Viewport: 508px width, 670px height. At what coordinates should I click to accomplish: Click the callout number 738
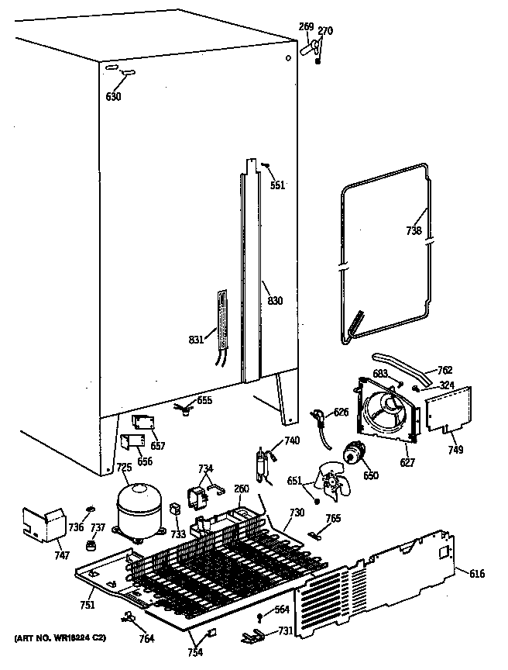pos(414,230)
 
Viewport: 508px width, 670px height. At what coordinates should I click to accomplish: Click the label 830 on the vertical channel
pos(275,302)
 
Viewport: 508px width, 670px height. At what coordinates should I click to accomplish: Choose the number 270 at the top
pos(325,31)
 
